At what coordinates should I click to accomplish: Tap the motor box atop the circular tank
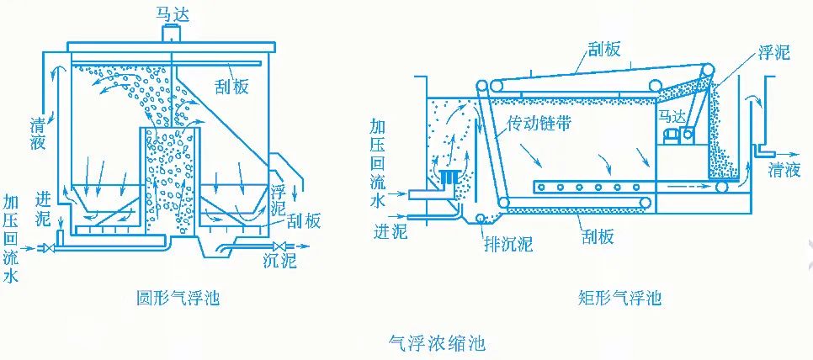(172, 33)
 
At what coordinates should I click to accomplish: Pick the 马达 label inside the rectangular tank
(671, 117)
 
